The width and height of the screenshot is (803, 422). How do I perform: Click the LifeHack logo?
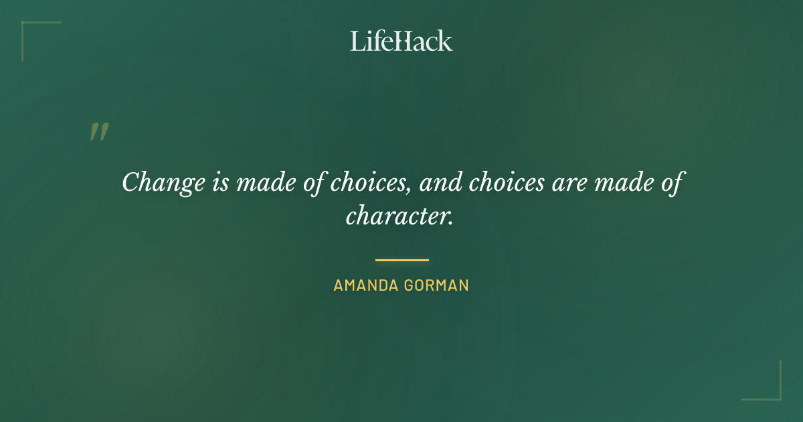pos(401,41)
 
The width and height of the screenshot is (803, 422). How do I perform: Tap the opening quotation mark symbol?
pos(98,132)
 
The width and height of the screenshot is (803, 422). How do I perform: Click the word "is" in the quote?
pos(219,182)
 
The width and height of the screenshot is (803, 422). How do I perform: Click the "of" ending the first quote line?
pos(671,182)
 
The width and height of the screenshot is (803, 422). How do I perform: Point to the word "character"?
pos(397,215)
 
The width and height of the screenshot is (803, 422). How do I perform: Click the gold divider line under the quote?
pos(401,260)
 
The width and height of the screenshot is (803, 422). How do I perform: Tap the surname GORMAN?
pos(436,285)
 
